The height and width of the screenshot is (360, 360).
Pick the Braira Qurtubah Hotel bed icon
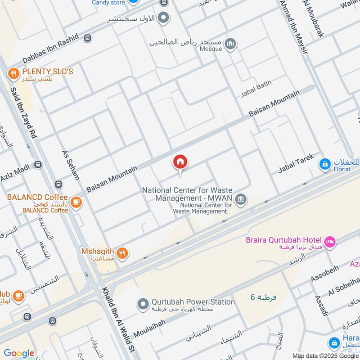coord(330,242)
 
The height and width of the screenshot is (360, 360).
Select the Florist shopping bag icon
coord(324,165)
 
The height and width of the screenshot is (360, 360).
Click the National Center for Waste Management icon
coord(241,199)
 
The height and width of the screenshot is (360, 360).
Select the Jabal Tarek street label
coord(295,163)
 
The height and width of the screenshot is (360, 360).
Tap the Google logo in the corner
coord(19,353)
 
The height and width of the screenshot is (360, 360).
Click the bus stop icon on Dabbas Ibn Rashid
coord(87,39)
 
